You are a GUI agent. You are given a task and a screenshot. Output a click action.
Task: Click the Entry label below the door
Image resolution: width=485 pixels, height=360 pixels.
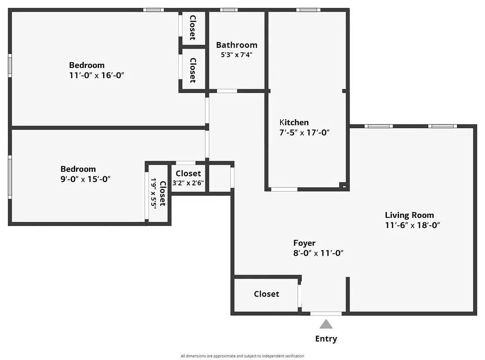tap(326, 339)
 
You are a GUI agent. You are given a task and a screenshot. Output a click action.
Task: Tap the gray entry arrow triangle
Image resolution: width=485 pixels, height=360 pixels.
tap(326, 324)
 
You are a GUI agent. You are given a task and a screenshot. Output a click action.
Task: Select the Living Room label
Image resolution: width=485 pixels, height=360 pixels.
tap(409, 215)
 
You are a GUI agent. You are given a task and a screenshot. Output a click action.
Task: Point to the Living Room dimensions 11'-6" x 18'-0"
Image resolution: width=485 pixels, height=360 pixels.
tap(412, 225)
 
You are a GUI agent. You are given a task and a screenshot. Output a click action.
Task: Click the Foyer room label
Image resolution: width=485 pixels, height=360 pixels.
tap(304, 243)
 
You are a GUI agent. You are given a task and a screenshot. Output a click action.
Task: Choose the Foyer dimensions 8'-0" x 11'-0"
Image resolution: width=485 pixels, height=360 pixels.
tap(318, 253)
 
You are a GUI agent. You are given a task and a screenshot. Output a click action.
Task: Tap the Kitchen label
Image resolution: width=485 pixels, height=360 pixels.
tap(294, 122)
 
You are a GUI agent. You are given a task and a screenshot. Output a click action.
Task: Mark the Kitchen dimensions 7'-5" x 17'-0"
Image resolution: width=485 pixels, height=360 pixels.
tap(305, 133)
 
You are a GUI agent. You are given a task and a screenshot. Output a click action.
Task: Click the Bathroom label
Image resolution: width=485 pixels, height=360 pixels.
tap(236, 45)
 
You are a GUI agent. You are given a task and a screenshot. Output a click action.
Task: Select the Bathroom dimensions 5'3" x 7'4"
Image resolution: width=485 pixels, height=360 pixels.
tap(236, 55)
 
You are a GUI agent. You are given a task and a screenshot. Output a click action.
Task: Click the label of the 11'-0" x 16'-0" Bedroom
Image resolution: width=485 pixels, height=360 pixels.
tap(86, 65)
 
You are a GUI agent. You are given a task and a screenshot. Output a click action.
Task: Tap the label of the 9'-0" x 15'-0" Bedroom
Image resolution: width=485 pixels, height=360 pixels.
tap(78, 169)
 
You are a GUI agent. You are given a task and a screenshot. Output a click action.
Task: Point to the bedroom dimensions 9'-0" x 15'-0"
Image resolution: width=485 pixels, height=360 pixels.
tap(86, 179)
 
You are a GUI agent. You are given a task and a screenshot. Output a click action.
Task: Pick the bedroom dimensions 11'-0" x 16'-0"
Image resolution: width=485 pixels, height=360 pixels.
tap(96, 75)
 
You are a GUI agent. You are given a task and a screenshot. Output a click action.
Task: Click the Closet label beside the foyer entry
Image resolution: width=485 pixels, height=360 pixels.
tap(266, 294)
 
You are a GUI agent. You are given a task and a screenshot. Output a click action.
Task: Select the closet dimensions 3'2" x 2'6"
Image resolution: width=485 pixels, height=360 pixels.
tap(188, 183)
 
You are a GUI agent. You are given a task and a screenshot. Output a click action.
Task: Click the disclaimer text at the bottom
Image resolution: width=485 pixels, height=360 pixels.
tap(242, 356)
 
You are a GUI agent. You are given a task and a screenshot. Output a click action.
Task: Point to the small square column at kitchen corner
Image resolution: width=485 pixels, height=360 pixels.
tap(344, 185)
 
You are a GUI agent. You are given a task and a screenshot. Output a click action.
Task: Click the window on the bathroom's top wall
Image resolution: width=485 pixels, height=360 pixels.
tap(229, 10)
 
